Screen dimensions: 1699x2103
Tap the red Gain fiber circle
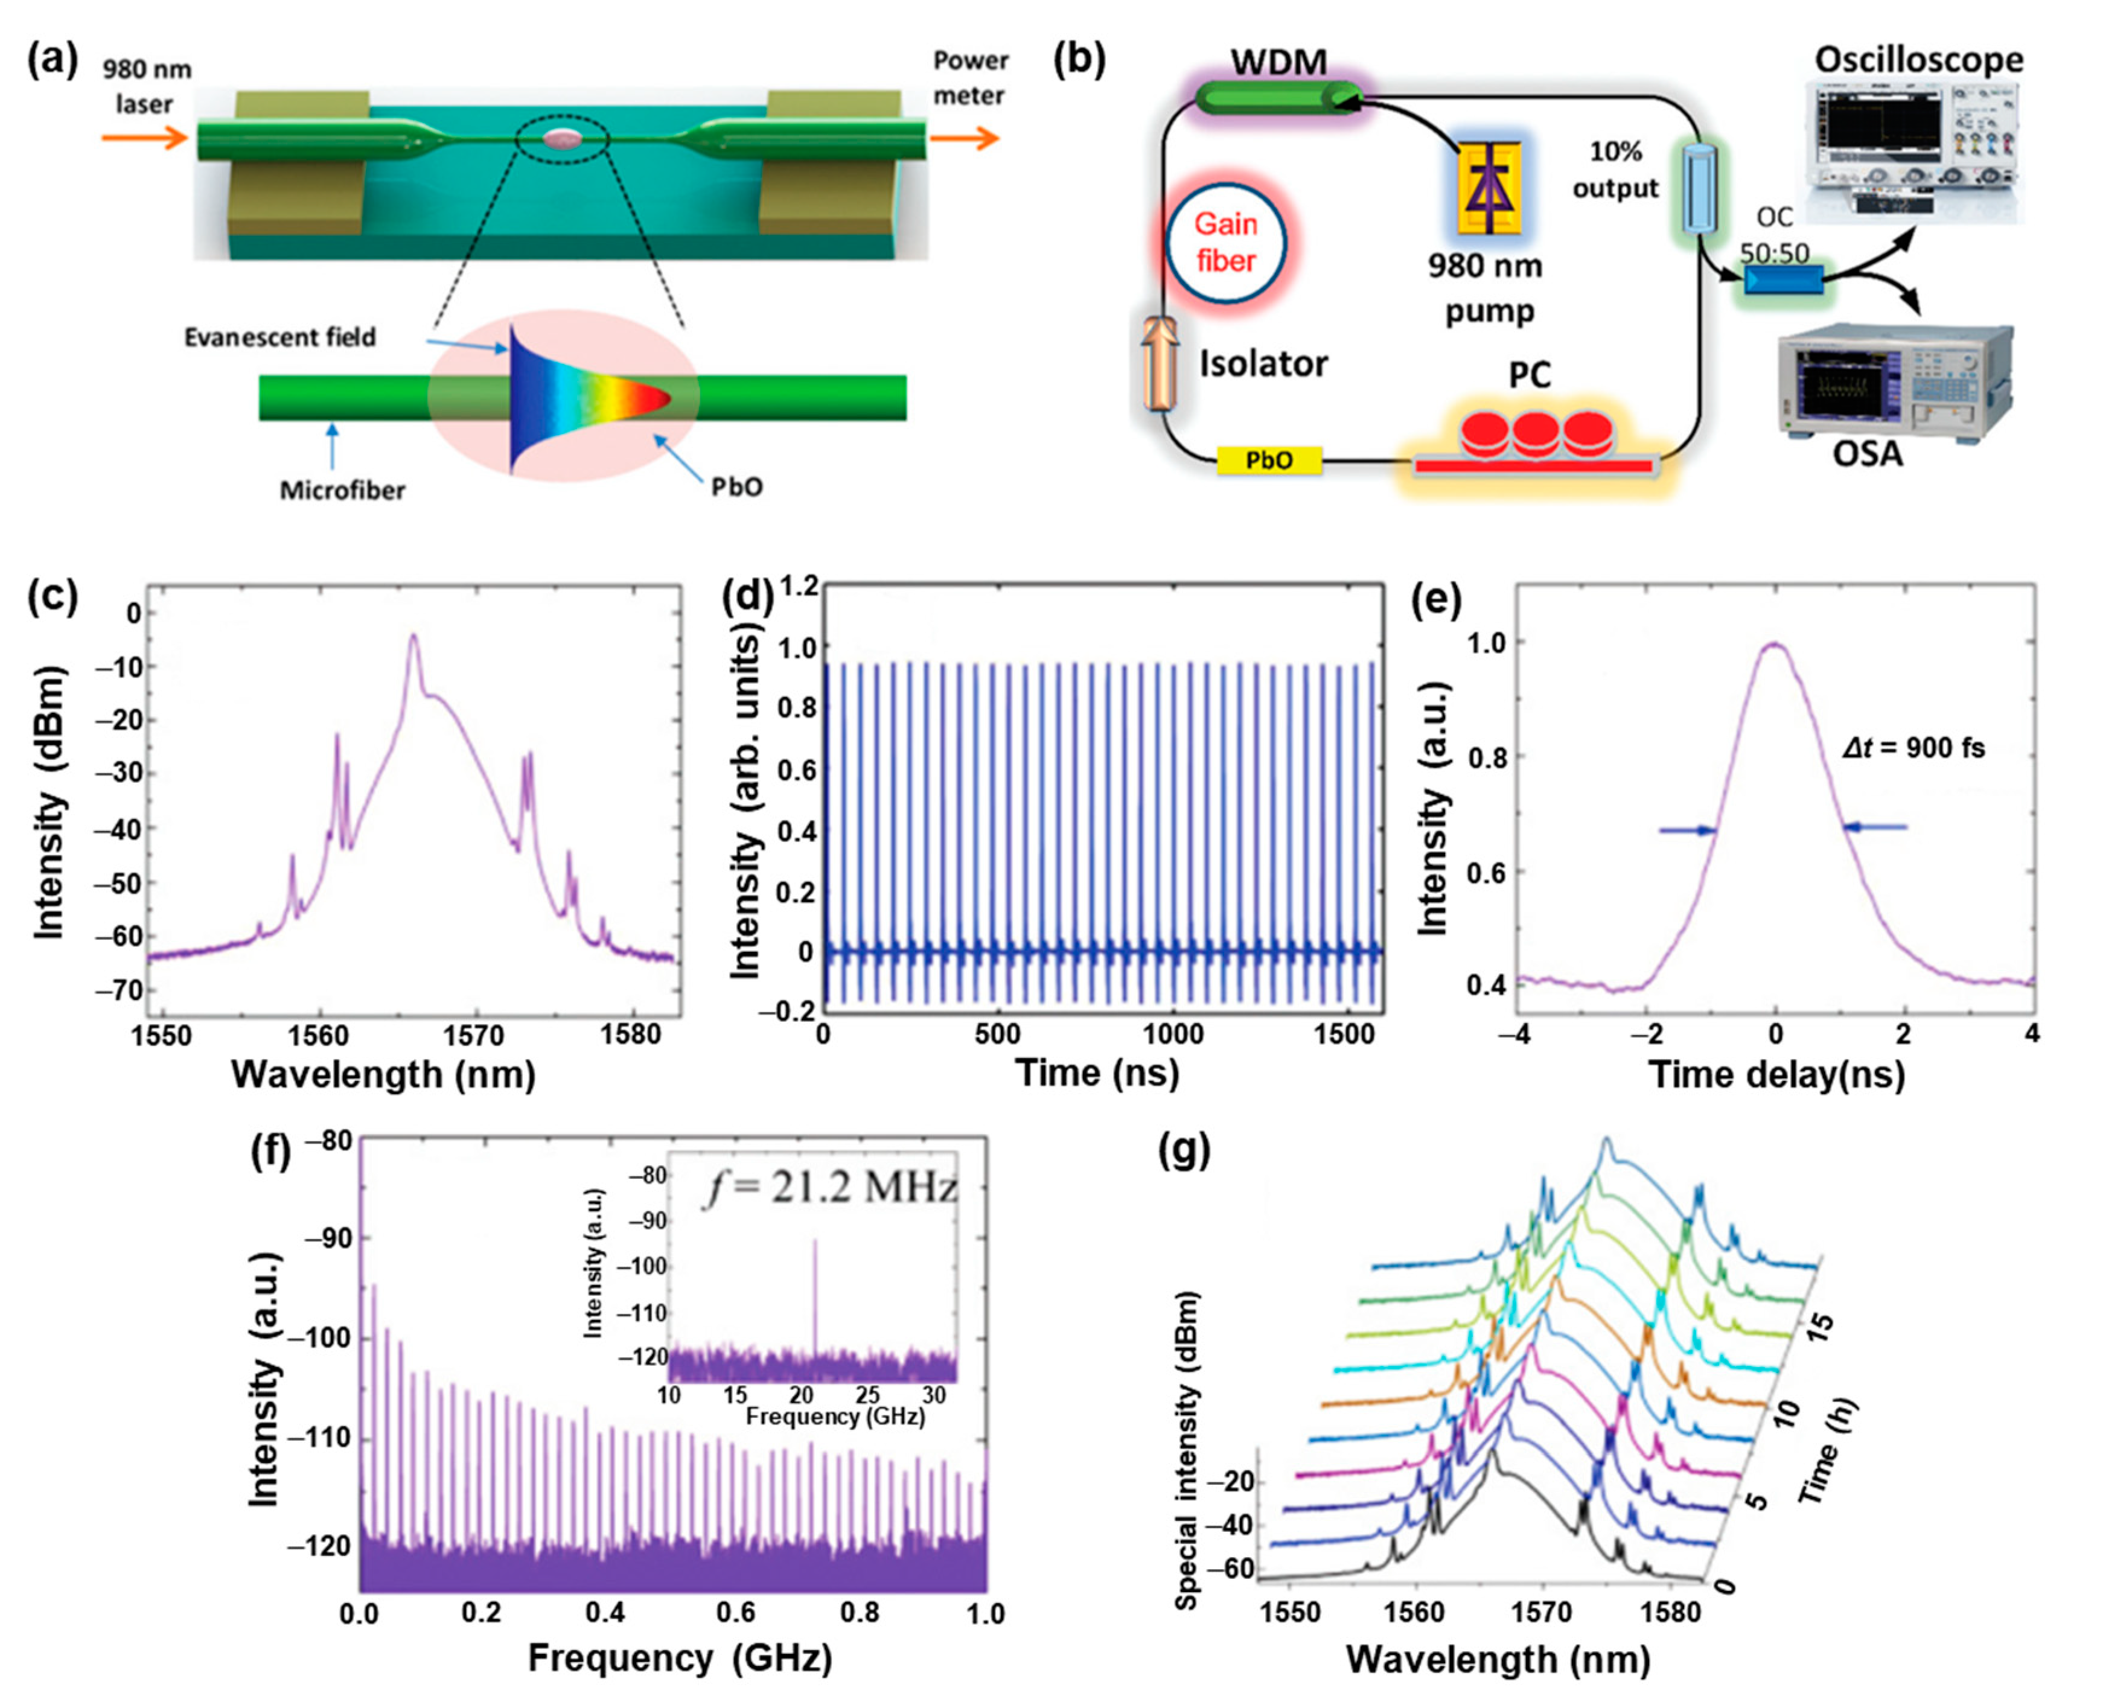1225,242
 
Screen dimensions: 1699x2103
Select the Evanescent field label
280,337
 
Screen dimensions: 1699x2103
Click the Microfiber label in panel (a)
342,490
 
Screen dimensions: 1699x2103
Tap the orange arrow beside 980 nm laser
144,138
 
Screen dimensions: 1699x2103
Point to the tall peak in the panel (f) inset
814,1292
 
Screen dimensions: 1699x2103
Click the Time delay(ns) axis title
1777,1074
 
